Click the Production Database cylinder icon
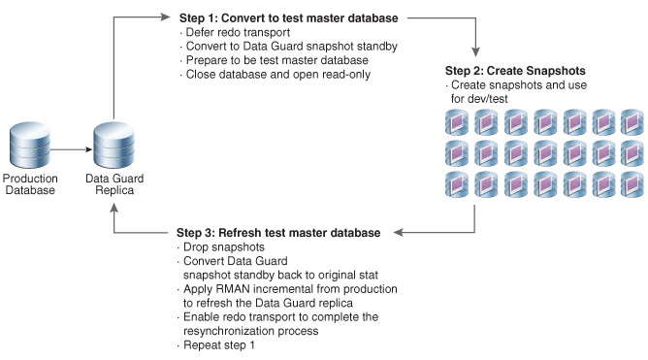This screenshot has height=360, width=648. [x=30, y=145]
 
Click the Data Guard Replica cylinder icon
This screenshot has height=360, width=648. [x=114, y=145]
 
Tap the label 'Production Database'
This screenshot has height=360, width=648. [x=30, y=184]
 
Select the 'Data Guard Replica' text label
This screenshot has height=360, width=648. [x=114, y=184]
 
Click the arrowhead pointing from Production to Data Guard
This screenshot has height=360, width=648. [x=88, y=149]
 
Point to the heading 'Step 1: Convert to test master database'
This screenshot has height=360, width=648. [x=288, y=18]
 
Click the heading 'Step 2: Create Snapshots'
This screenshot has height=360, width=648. [x=515, y=71]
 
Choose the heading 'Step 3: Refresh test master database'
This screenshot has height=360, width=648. [x=278, y=233]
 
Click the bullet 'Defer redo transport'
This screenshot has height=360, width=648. [x=238, y=32]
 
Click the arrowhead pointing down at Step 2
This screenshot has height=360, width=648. [x=475, y=51]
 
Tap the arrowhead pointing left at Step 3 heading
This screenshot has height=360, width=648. [x=398, y=232]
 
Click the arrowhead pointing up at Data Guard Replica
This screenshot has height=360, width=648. [x=114, y=208]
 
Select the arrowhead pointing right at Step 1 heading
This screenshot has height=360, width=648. [x=165, y=16]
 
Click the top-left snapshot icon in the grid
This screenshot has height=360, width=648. [x=457, y=122]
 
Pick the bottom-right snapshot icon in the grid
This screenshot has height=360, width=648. [x=632, y=184]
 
